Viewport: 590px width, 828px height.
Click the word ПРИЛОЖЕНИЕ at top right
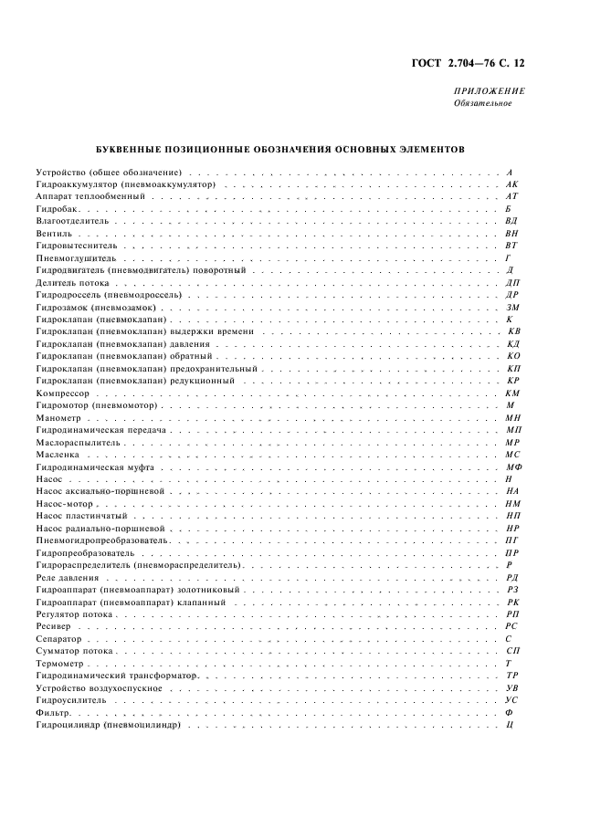point(489,91)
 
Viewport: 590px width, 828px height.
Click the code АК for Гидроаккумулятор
point(511,183)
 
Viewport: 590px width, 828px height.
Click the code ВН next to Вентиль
point(511,234)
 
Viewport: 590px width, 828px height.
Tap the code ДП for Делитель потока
point(512,284)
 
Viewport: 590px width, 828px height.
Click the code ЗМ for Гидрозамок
point(512,309)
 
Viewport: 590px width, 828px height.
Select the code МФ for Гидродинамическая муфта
point(513,466)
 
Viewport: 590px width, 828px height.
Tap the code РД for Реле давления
point(512,578)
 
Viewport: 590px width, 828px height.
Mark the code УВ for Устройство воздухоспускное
point(512,687)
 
